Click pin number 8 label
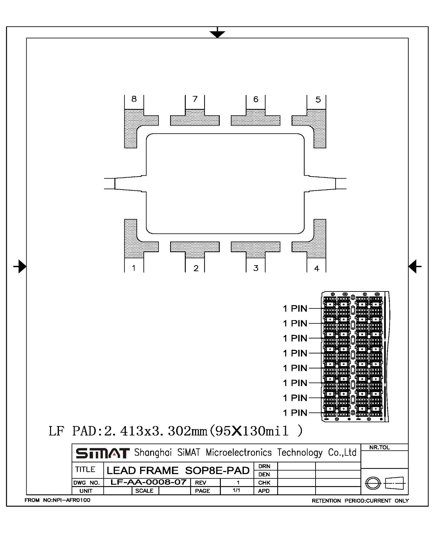[134, 99]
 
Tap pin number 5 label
[318, 100]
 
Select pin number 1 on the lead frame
[134, 268]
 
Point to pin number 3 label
[256, 268]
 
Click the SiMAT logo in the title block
[102, 453]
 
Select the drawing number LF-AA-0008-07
[148, 482]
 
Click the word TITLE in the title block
[85, 469]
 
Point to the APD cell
[264, 491]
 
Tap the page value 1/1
[236, 490]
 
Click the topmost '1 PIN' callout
[295, 308]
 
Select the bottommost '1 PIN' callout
[295, 413]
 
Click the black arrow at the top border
[217, 33]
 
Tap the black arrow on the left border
[20, 266]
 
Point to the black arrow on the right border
[415, 266]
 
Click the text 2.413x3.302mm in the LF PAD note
[155, 431]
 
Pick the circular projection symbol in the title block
[373, 483]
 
